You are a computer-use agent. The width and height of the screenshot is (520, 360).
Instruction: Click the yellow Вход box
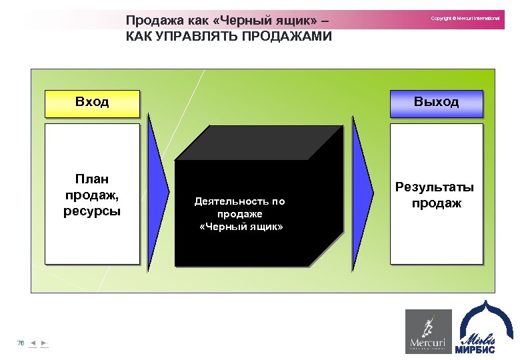92,102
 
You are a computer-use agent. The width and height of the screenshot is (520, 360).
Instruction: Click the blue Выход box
436,102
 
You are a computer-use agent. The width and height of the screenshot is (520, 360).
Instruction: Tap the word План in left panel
92,179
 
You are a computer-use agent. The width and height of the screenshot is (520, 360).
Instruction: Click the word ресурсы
92,211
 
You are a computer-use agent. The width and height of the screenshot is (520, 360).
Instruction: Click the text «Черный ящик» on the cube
241,227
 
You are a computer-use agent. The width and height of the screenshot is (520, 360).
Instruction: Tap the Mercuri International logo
429,331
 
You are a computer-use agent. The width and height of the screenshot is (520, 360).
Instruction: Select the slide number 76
21,343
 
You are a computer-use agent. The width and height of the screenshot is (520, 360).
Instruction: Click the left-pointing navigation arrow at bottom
33,343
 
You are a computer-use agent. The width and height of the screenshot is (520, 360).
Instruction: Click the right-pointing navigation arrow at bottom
44,343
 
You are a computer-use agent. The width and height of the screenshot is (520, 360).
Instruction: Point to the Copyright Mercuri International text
465,18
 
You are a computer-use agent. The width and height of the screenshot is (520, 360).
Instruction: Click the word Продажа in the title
153,21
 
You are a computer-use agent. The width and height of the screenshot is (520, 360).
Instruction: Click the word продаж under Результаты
436,203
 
